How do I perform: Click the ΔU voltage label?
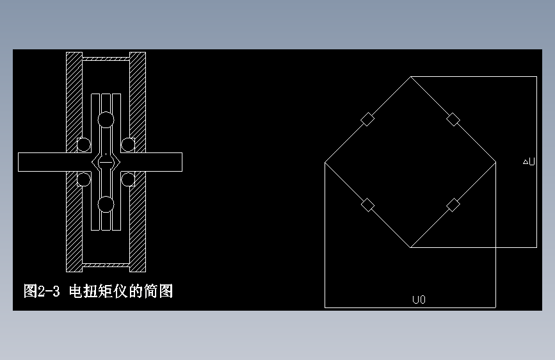pyautogui.click(x=529, y=162)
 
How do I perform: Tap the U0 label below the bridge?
pyautogui.click(x=419, y=299)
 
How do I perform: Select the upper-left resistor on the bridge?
pyautogui.click(x=367, y=119)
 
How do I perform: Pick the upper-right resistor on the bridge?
pyautogui.click(x=453, y=119)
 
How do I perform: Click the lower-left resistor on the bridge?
pyautogui.click(x=367, y=205)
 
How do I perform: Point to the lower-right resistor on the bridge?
pyautogui.click(x=453, y=205)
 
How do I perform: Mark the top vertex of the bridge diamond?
pyautogui.click(x=410, y=77)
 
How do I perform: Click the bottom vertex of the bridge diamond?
pyautogui.click(x=410, y=247)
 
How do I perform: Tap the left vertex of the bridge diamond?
pyautogui.click(x=325, y=162)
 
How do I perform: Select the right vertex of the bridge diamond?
pyautogui.click(x=495, y=162)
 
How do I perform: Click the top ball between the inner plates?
pyautogui.click(x=106, y=120)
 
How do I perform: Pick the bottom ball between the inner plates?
pyautogui.click(x=106, y=204)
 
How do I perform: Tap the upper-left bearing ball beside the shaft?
pyautogui.click(x=84, y=145)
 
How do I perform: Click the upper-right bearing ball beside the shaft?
pyautogui.click(x=128, y=145)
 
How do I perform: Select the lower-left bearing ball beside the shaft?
pyautogui.click(x=84, y=179)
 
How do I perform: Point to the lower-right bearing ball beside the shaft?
pyautogui.click(x=128, y=179)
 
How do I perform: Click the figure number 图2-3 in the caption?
pyautogui.click(x=42, y=291)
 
